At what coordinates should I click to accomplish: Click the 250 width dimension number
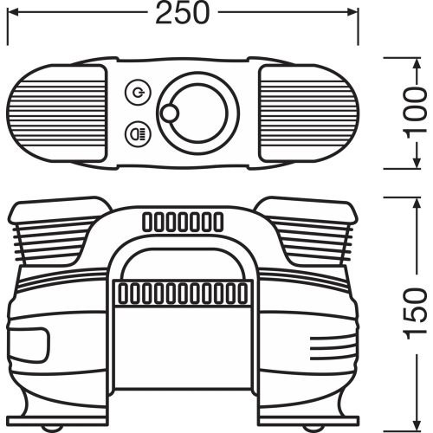point(182,13)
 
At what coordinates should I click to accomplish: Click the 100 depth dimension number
point(415,110)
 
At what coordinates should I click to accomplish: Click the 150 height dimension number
point(416,313)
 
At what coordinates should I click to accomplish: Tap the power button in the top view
point(139,93)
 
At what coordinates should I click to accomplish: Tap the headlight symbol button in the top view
point(139,133)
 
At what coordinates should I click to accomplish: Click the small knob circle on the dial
point(170,113)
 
